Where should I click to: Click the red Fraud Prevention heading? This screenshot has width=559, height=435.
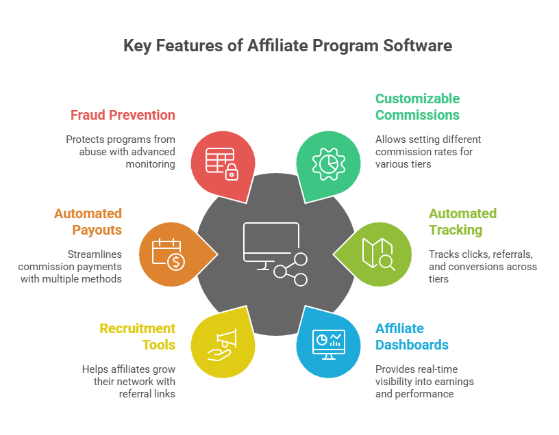click(x=123, y=115)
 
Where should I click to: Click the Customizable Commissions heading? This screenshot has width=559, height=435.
click(x=417, y=107)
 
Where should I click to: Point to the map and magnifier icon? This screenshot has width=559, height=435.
click(x=379, y=254)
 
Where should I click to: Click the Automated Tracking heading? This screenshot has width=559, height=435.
click(x=462, y=222)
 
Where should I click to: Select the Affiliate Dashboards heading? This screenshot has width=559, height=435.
click(x=412, y=337)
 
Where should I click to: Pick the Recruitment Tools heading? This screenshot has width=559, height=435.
click(x=138, y=337)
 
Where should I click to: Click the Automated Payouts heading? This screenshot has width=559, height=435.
click(x=88, y=222)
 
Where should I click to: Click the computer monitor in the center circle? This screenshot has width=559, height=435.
click(x=271, y=241)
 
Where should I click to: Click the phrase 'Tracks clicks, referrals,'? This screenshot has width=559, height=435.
click(x=480, y=254)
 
